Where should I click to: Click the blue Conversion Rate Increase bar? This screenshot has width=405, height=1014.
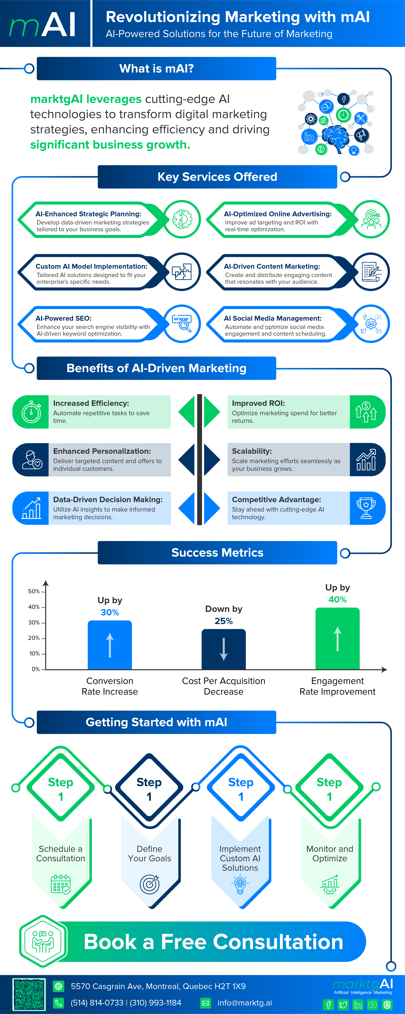[x=110, y=645]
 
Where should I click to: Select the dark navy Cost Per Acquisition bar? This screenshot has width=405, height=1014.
[x=224, y=649]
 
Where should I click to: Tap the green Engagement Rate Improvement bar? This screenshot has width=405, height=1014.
[x=337, y=638]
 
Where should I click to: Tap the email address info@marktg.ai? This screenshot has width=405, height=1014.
[x=245, y=1003]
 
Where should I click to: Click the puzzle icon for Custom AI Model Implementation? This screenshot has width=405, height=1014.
[x=182, y=272]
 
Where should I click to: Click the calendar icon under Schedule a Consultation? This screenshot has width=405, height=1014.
[x=60, y=884]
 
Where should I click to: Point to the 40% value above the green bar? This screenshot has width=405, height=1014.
[x=337, y=600]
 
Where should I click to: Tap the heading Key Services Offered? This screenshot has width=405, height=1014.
[x=217, y=177]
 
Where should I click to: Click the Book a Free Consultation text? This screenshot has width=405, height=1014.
[x=214, y=942]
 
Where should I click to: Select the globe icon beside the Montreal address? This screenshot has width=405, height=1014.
[x=59, y=986]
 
